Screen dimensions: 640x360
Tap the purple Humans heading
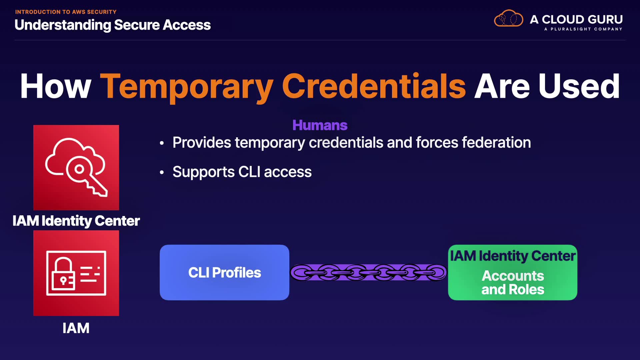pyautogui.click(x=320, y=125)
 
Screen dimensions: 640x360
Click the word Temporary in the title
pyautogui.click(x=186, y=87)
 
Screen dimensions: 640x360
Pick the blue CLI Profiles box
pyautogui.click(x=224, y=272)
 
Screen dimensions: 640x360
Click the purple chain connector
pyautogui.click(x=368, y=272)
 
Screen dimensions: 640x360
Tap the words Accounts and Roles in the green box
pyautogui.click(x=513, y=283)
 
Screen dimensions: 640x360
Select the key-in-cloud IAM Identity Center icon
pyautogui.click(x=76, y=167)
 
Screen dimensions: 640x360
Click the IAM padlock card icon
pyautogui.click(x=76, y=273)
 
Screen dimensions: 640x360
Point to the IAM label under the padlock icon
pyautogui.click(x=76, y=328)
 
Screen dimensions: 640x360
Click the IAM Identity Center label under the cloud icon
pyautogui.click(x=76, y=221)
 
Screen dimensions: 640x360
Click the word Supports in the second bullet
pyautogui.click(x=203, y=172)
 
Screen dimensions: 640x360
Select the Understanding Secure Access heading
pyautogui.click(x=113, y=25)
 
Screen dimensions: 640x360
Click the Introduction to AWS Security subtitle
pyautogui.click(x=66, y=12)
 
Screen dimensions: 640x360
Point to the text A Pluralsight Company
pyautogui.click(x=583, y=29)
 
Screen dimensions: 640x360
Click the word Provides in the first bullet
pyautogui.click(x=202, y=143)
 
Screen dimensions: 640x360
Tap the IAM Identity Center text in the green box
pyautogui.click(x=513, y=256)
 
